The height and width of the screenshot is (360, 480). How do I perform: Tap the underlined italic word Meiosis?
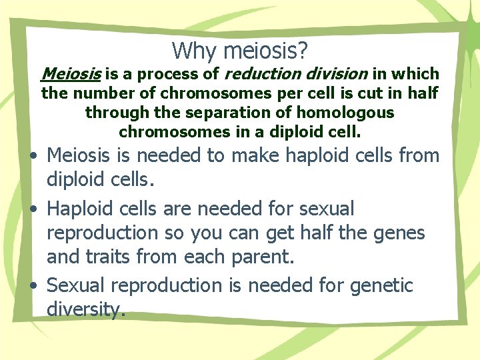pos(65,73)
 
